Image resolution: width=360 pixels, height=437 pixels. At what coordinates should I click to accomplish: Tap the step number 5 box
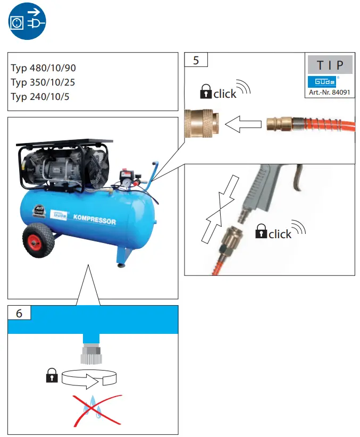click(196, 60)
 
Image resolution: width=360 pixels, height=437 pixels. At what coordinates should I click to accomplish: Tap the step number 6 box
click(19, 313)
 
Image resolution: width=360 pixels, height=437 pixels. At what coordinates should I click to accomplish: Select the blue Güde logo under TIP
click(322, 81)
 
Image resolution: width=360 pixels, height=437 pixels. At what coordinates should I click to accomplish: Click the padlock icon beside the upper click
click(205, 92)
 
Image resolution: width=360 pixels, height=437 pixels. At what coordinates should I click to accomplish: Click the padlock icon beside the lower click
click(261, 231)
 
